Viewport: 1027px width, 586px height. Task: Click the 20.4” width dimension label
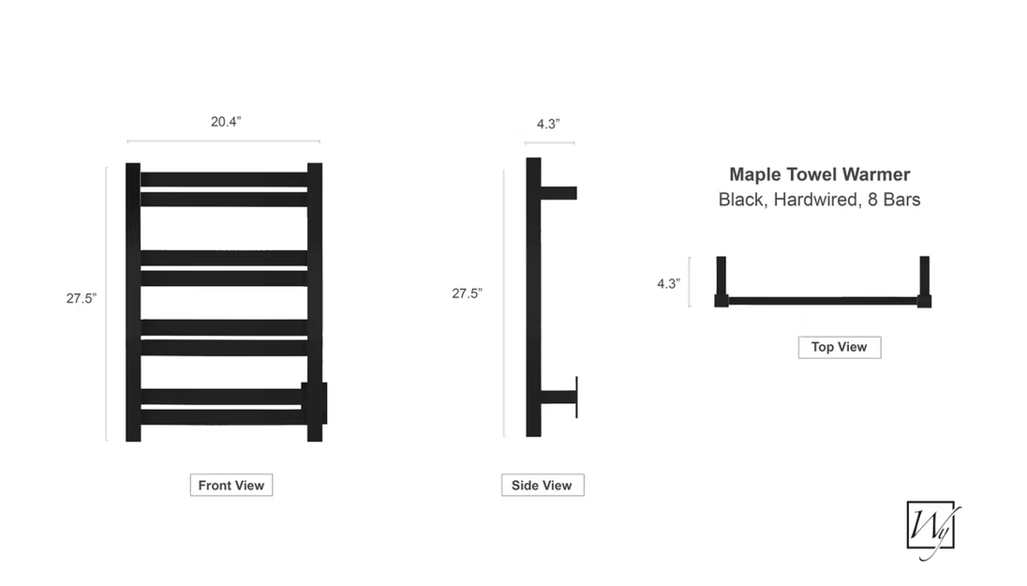[226, 122]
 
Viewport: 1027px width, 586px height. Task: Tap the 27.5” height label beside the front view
[82, 298]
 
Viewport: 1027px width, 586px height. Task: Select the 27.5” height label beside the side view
[467, 293]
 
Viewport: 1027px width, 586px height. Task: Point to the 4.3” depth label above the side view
[548, 124]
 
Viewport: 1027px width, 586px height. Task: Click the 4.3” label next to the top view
[669, 284]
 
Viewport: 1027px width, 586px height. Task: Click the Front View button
[231, 485]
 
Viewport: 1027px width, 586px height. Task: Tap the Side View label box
[543, 485]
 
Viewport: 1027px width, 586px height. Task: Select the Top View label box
[840, 348]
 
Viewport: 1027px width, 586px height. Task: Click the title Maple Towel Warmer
[819, 174]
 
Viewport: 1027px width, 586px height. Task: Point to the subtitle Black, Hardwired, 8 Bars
[819, 200]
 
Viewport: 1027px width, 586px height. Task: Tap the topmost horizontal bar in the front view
[224, 180]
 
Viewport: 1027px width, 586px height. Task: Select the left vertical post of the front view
[133, 302]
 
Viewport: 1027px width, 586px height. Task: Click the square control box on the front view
[314, 403]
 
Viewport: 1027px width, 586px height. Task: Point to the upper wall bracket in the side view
[558, 193]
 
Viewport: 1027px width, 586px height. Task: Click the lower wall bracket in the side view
[558, 398]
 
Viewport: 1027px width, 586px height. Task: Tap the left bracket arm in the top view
[722, 282]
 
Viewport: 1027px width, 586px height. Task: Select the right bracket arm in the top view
[924, 282]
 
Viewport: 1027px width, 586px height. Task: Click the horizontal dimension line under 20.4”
[223, 141]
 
